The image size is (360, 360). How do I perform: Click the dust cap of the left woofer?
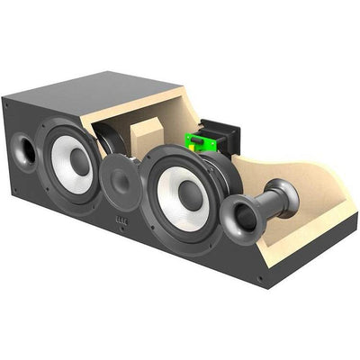[79, 161]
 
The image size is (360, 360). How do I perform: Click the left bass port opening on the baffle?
[23, 149]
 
